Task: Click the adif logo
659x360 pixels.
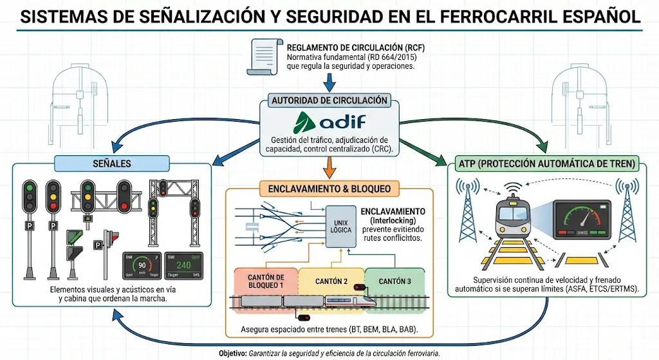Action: (x=329, y=122)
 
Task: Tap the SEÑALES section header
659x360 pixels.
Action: (x=113, y=164)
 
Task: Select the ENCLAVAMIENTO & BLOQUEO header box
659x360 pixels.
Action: (x=329, y=189)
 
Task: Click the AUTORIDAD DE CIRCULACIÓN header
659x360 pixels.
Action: (x=329, y=101)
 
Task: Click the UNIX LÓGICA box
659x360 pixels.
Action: (x=340, y=226)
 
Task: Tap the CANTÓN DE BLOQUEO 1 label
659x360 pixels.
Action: (x=266, y=281)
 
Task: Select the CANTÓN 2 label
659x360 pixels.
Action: (x=331, y=281)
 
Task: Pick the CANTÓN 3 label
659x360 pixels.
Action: (x=394, y=281)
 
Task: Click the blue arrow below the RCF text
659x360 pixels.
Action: (x=329, y=82)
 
